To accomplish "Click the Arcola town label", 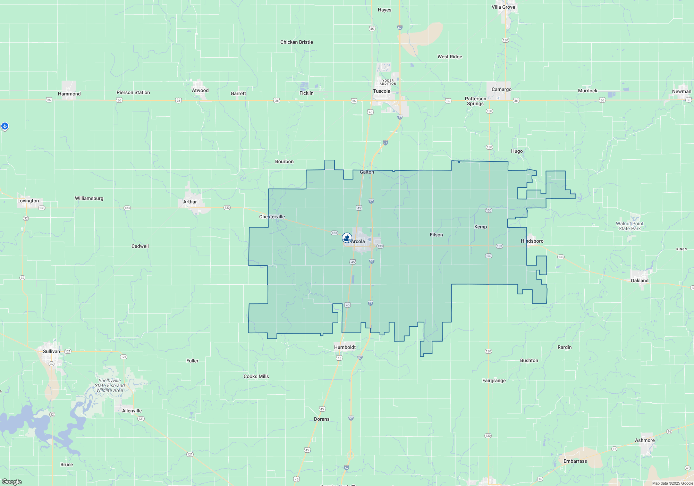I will (x=358, y=241).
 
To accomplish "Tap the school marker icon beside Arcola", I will (x=347, y=237).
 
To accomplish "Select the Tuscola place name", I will (x=381, y=91).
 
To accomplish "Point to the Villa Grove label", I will (x=503, y=7).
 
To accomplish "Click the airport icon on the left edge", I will (x=5, y=126).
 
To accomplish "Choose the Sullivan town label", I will (x=51, y=351).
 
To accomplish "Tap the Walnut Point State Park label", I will (x=629, y=226).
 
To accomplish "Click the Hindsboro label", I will (x=532, y=241).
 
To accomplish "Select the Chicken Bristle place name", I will (x=296, y=42).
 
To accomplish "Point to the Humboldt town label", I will (x=345, y=347).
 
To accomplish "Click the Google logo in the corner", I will (x=11, y=482).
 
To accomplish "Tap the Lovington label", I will (x=28, y=201).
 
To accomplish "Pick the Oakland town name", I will (x=639, y=280).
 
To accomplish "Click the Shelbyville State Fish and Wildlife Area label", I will (x=110, y=385).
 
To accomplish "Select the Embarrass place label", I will (x=575, y=461).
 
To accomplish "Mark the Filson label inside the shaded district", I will (x=436, y=235).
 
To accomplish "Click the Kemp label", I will (x=480, y=227).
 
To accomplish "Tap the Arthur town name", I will (x=190, y=202).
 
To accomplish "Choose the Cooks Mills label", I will (x=256, y=376).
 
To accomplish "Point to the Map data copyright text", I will (x=672, y=483).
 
